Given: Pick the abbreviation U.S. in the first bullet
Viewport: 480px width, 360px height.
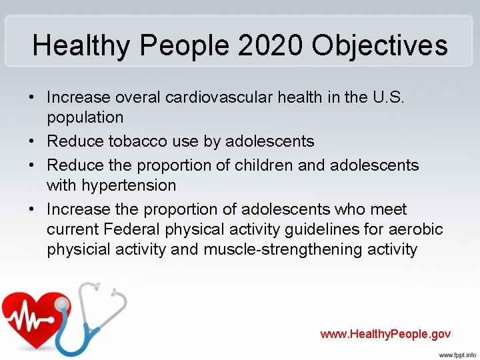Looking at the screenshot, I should click(385, 97).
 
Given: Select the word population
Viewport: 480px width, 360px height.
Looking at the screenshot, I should click(85, 117).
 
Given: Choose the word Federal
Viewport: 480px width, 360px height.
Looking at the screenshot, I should click(138, 230).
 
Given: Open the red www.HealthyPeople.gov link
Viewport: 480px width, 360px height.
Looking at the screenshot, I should click(385, 334).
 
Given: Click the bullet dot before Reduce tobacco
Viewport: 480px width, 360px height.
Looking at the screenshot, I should click(31, 141).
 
